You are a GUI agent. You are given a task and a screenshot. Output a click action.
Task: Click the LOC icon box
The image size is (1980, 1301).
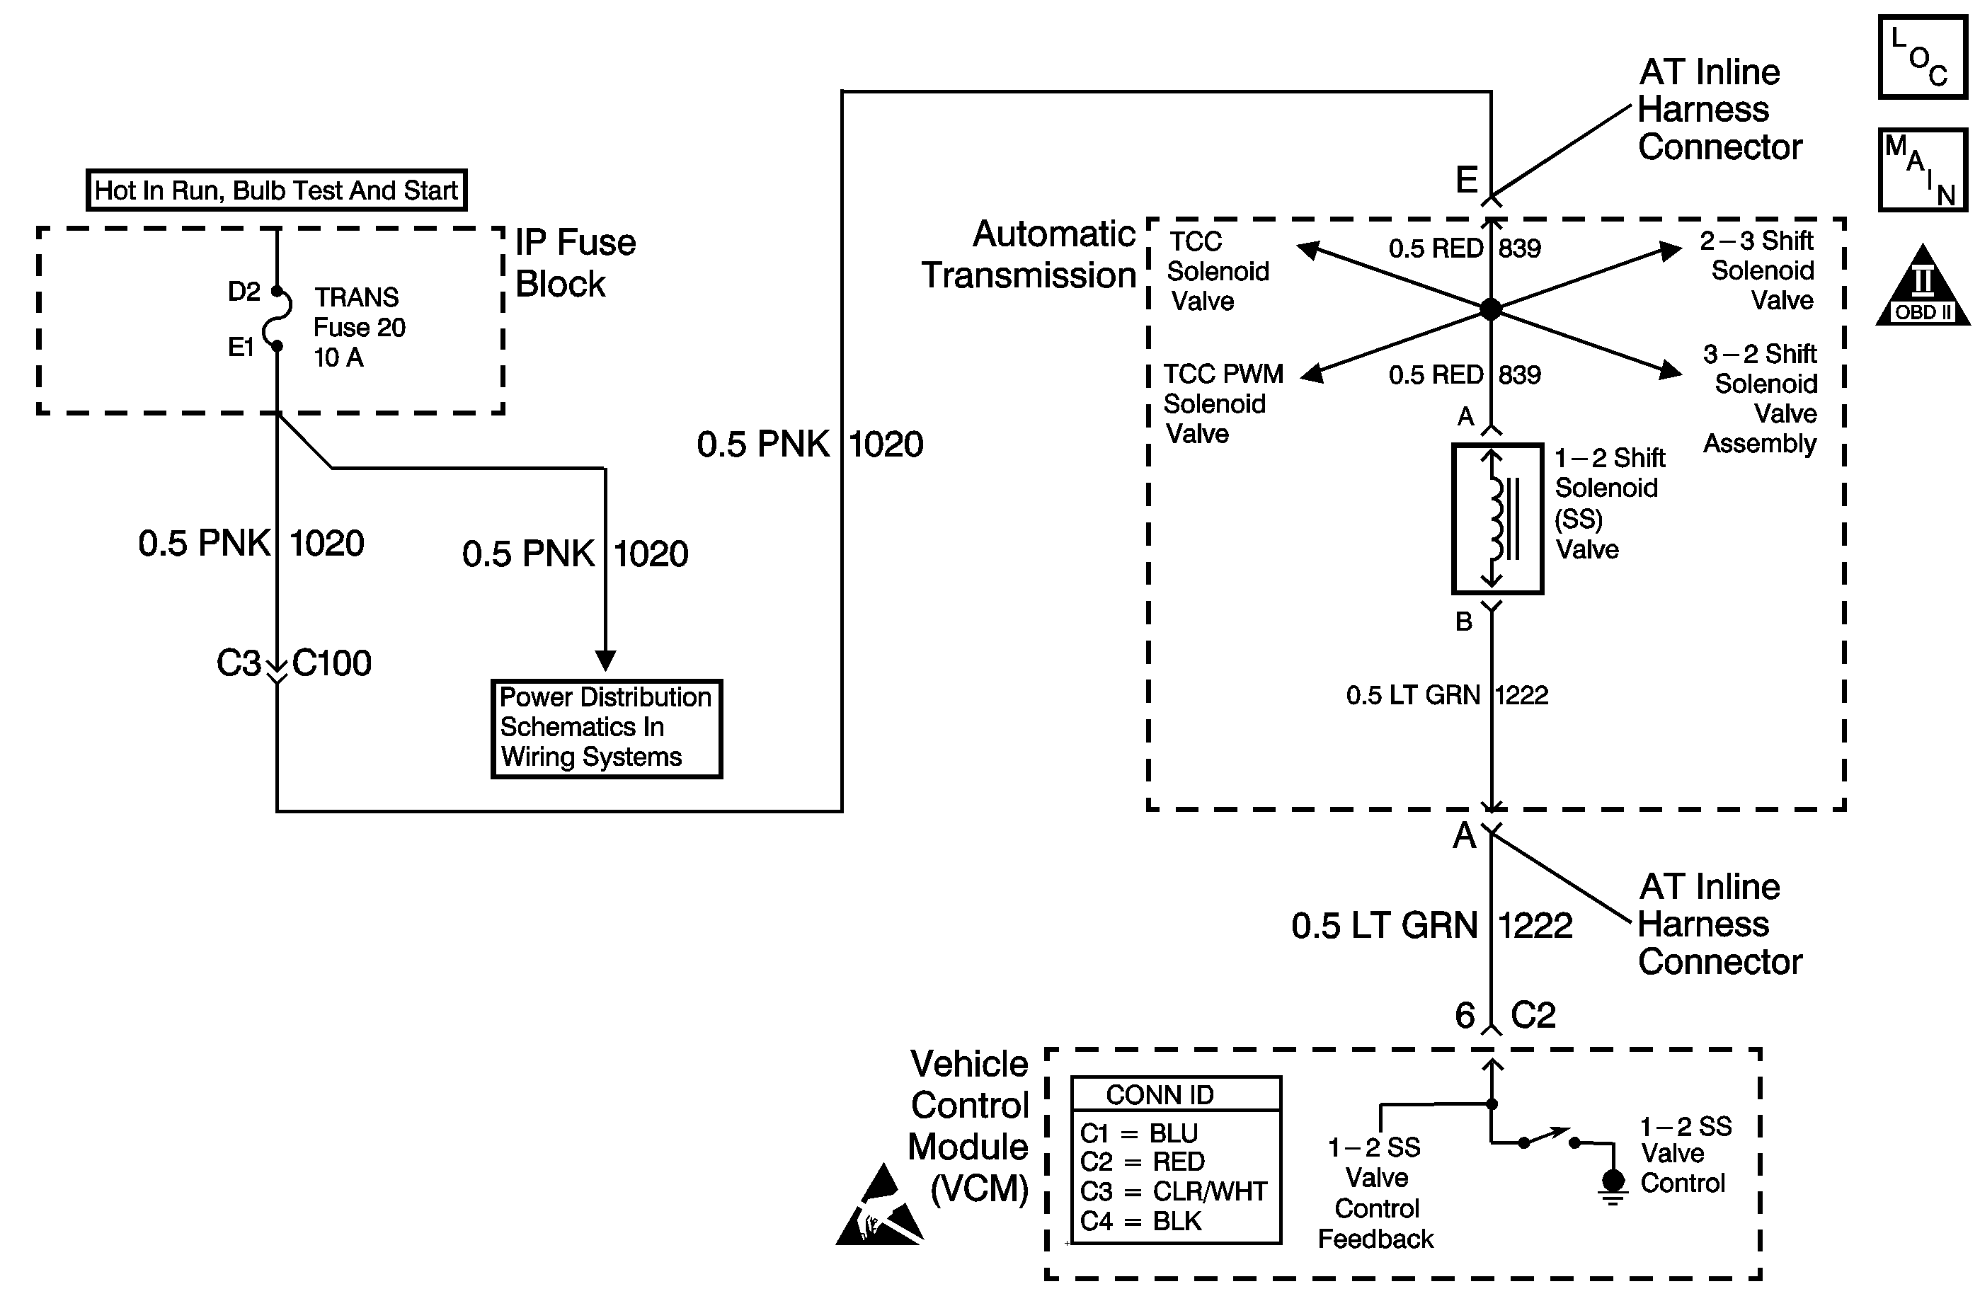pyautogui.click(x=1922, y=57)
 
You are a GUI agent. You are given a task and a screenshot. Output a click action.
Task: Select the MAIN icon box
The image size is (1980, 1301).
pyautogui.click(x=1922, y=170)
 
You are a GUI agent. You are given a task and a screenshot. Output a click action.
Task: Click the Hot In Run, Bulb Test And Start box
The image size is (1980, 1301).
pyautogui.click(x=276, y=190)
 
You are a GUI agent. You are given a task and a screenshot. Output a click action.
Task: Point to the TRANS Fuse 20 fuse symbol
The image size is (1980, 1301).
pyautogui.click(x=277, y=319)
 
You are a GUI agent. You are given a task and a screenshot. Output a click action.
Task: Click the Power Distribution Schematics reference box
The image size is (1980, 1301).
pyautogui.click(x=607, y=728)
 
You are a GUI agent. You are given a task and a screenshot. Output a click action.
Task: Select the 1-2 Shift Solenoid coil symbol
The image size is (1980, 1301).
pyautogui.click(x=1497, y=519)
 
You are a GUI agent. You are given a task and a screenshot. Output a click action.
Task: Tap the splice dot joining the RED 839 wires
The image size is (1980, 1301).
pyautogui.click(x=1491, y=309)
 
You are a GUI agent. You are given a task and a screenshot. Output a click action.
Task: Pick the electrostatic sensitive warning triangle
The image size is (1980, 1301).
pyautogui.click(x=880, y=1210)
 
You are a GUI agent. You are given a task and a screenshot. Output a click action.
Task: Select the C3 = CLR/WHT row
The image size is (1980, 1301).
pyautogui.click(x=1173, y=1191)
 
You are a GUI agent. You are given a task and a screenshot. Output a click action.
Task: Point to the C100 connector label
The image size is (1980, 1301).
pyautogui.click(x=332, y=663)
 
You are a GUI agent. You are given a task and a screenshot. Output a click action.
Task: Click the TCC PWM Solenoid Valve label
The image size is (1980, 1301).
pyautogui.click(x=1221, y=403)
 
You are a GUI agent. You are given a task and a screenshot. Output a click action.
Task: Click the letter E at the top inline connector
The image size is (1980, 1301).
pyautogui.click(x=1466, y=180)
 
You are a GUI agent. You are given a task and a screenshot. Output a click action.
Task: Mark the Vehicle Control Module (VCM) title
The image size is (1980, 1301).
pyautogui.click(x=969, y=1126)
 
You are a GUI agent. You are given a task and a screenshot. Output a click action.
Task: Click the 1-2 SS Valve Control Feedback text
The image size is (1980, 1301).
pyautogui.click(x=1376, y=1193)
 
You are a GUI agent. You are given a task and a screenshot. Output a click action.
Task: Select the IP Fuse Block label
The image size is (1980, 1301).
pyautogui.click(x=575, y=263)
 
